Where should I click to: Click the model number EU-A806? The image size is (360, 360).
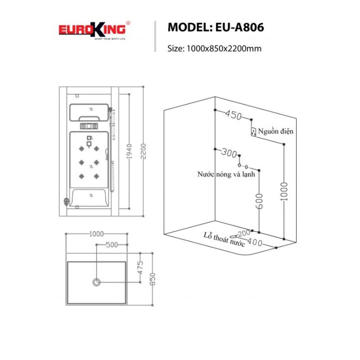pos(239,27)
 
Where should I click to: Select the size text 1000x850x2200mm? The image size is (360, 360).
pos(224,49)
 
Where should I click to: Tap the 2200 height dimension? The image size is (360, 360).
pos(143,151)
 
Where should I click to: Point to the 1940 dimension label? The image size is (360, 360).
pos(129,151)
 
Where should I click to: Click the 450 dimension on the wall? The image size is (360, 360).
pos(233,114)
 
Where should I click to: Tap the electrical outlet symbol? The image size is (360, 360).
pos(253,132)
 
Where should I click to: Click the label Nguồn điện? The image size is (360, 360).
pos(275,131)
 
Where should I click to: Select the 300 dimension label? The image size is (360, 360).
pos(229,153)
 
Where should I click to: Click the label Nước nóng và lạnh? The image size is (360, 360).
pos(226,174)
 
